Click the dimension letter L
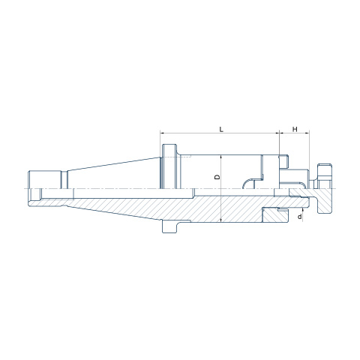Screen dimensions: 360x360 coord(221,129)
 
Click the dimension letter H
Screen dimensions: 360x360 coord(295,129)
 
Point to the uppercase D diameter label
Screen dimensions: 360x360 coord(217,177)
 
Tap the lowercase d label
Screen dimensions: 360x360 coord(299,217)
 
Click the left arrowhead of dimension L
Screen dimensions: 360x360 coord(162,133)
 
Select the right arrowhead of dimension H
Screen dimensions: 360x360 coord(307,133)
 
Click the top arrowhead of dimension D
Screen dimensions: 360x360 coord(221,157)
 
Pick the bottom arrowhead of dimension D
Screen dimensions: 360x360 coord(221,220)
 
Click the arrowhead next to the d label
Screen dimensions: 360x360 coord(303,209)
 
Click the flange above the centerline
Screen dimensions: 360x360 coord(170,166)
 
